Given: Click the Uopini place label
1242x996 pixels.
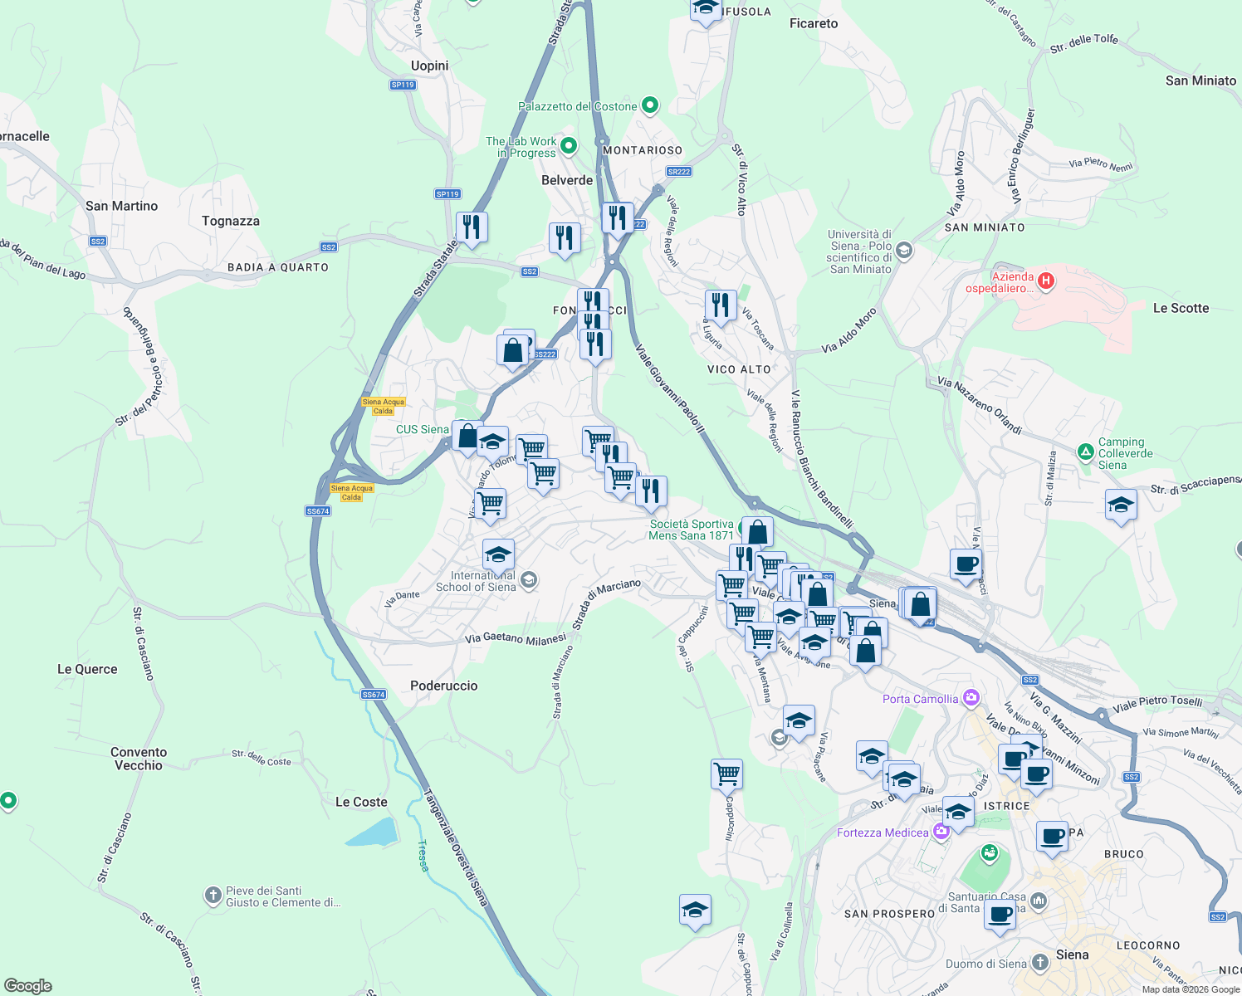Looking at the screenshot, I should click(x=429, y=66).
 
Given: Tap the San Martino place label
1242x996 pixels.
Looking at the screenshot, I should click(x=121, y=206).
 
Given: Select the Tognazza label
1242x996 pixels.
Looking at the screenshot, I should click(x=231, y=221).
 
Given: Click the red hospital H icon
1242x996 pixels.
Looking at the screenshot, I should click(x=1046, y=281).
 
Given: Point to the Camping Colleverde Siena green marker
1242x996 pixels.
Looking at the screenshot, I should click(x=1085, y=452).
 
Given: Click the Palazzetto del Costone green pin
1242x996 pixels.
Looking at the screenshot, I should click(x=650, y=105).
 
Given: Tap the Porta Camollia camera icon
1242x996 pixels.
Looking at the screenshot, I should click(x=971, y=698).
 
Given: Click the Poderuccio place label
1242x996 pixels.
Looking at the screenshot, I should click(x=444, y=686).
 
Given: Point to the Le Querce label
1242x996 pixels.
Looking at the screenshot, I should click(x=87, y=669).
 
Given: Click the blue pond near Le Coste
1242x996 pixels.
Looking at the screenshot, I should click(x=370, y=832).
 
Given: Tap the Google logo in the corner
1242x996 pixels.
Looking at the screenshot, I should click(x=27, y=985).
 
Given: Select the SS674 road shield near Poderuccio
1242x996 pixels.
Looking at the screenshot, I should click(x=374, y=694).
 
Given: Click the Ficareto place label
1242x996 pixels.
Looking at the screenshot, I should click(x=814, y=23).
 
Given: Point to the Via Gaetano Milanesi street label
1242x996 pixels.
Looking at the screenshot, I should click(x=515, y=638).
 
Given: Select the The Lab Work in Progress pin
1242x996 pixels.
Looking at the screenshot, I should click(x=569, y=146).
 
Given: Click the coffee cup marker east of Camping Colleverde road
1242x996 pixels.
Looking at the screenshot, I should click(x=966, y=564).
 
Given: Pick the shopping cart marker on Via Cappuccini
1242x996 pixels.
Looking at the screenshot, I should click(x=726, y=774).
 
